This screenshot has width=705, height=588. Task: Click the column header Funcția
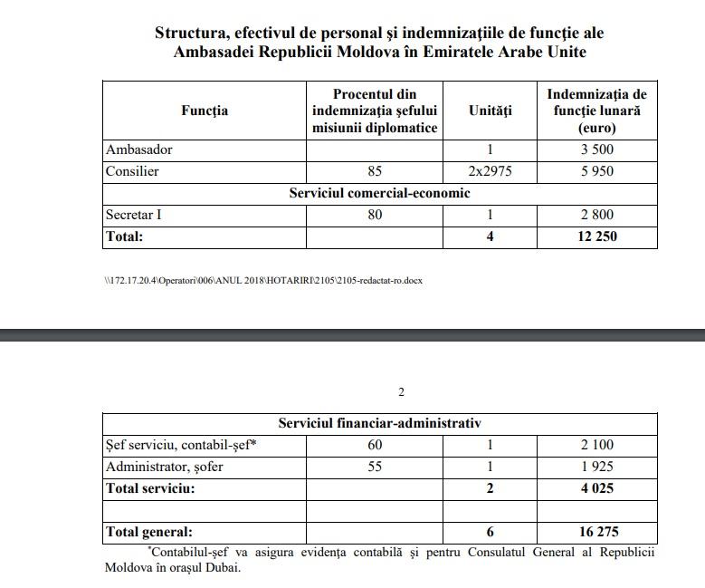pyautogui.click(x=205, y=111)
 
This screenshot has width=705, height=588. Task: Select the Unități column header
pyautogui.click(x=490, y=111)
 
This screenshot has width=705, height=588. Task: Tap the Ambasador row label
pyautogui.click(x=138, y=149)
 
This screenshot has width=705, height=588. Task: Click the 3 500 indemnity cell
pyautogui.click(x=597, y=149)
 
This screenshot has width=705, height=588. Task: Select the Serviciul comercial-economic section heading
pyautogui.click(x=379, y=193)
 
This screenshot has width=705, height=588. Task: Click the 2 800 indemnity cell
pyautogui.click(x=597, y=215)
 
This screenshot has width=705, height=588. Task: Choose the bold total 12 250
pyautogui.click(x=597, y=236)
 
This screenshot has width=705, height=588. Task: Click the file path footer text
pyautogui.click(x=262, y=280)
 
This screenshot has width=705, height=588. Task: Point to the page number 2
pyautogui.click(x=401, y=392)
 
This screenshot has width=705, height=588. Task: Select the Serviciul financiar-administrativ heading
pyautogui.click(x=379, y=423)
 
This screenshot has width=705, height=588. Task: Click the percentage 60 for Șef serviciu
pyautogui.click(x=375, y=445)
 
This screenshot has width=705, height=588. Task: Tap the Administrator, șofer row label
pyautogui.click(x=164, y=467)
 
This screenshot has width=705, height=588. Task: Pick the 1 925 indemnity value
pyautogui.click(x=597, y=467)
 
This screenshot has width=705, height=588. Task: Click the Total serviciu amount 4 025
pyautogui.click(x=597, y=488)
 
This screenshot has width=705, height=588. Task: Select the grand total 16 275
pyautogui.click(x=597, y=532)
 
